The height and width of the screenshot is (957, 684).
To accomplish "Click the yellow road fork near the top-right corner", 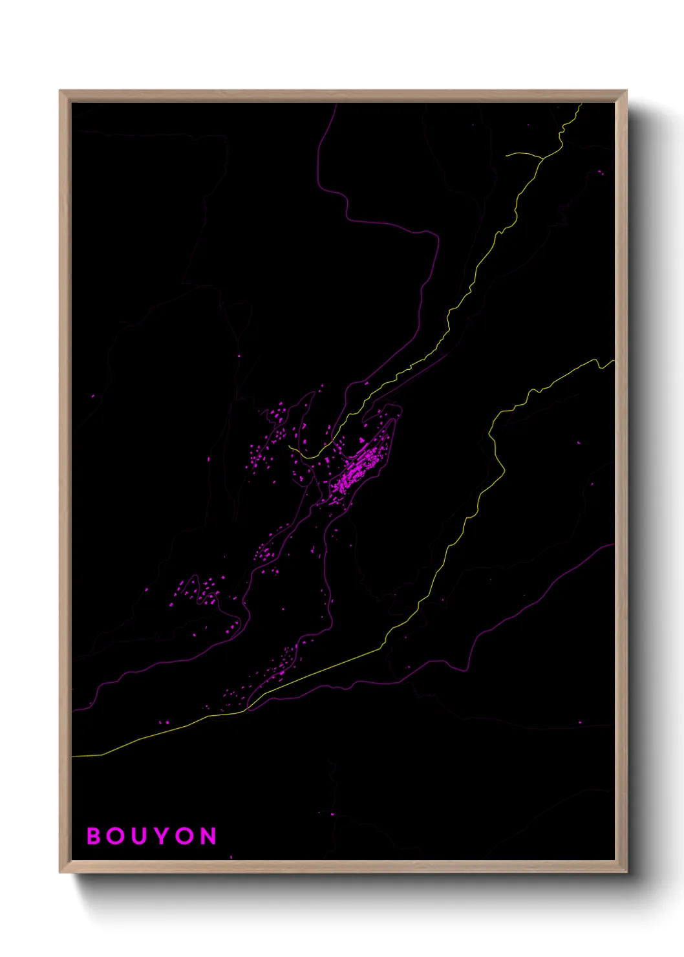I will point(542,157).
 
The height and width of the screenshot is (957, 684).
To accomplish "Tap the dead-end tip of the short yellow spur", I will point(506,155).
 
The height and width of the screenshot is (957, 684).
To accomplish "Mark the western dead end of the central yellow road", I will point(289,444).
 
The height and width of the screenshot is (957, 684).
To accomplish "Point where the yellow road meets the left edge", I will point(72,755).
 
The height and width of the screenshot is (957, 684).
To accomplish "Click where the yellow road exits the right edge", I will point(614,361).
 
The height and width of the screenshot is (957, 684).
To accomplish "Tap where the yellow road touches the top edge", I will point(581,103).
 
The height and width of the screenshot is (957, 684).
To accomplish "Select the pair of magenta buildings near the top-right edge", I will point(601,172).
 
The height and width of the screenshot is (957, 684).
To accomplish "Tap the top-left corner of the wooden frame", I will point(60,91).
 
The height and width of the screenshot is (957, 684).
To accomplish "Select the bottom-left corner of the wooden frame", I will point(60,872).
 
